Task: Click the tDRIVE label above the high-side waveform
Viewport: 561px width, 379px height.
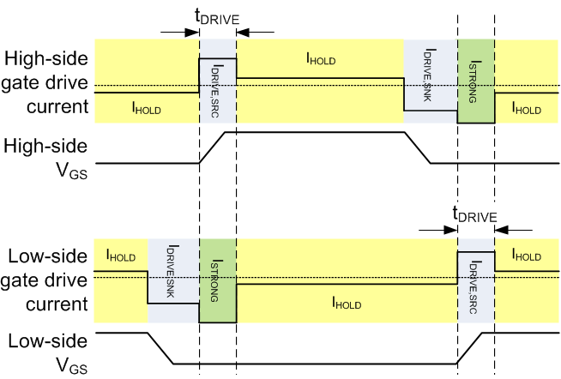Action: pos(217,17)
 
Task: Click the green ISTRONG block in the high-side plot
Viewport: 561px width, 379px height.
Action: pos(475,81)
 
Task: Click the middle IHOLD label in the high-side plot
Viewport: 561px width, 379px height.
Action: pos(320,59)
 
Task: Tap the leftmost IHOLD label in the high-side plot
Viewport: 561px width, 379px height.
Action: pos(146,108)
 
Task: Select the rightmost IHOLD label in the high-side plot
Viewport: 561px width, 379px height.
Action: pos(526,108)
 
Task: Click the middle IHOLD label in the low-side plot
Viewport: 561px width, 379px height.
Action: pos(347,304)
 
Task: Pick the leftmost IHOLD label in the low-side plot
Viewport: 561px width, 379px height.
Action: pos(120,256)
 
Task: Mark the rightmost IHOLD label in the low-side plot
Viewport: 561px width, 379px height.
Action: pos(526,256)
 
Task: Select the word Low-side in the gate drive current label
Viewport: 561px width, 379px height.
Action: pos(46,256)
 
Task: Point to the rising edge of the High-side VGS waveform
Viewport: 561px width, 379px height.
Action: pos(212,147)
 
